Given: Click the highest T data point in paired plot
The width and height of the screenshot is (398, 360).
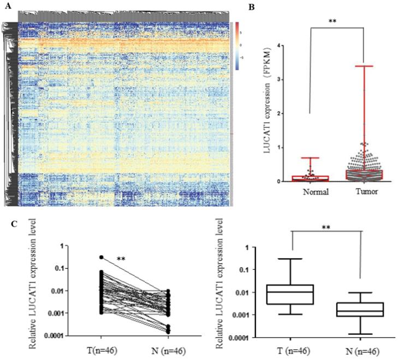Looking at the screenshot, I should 101,257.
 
